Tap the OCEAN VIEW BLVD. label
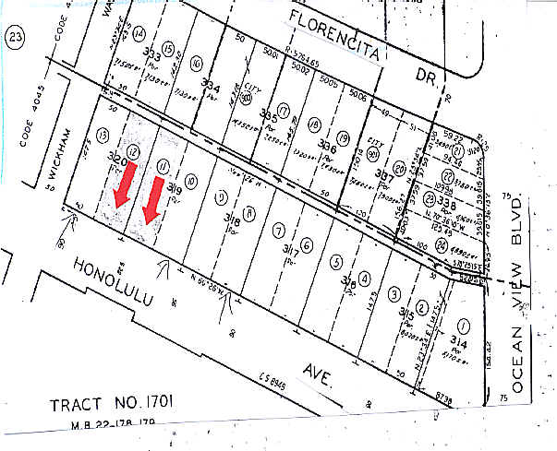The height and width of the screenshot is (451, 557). tap(519, 295)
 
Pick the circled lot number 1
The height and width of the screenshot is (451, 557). tap(463, 325)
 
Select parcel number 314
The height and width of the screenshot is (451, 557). tap(459, 342)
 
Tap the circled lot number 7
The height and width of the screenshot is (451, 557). tap(277, 230)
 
